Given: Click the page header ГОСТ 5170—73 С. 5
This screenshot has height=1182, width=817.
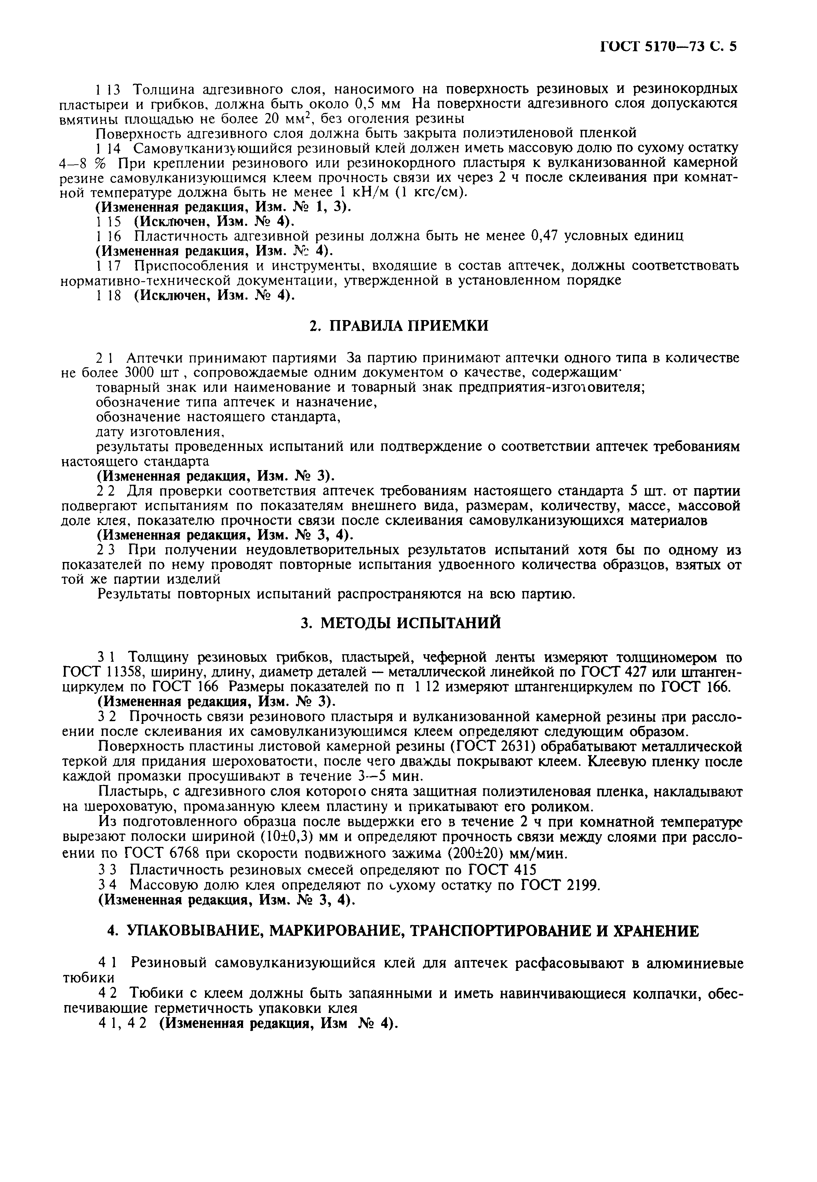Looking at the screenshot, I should [668, 47].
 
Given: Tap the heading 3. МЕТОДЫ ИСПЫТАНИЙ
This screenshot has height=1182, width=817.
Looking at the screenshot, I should [400, 623].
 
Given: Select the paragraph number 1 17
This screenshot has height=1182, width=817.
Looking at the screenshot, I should [108, 266].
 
